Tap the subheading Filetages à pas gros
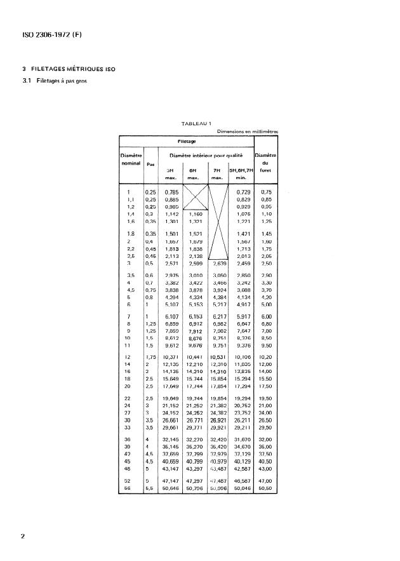[x=57, y=81]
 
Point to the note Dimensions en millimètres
[x=247, y=132]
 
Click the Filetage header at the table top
[x=186, y=141]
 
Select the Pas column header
[x=150, y=163]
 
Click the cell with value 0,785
[x=170, y=192]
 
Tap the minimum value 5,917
[x=241, y=316]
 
